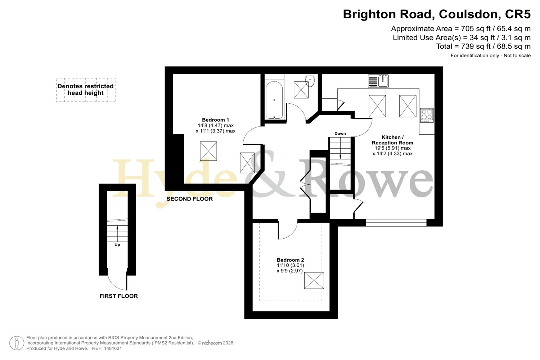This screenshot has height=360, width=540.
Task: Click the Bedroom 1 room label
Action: [215, 120]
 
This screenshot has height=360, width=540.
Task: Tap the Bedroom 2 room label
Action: [290, 260]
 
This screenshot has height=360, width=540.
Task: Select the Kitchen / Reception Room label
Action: [392, 140]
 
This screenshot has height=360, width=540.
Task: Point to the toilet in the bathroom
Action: [310, 80]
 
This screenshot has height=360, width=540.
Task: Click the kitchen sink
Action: [378, 81]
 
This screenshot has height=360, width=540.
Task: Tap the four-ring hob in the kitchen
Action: [427, 115]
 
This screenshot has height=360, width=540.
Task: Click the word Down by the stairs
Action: [340, 134]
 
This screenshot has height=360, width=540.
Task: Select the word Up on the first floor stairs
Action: [117, 245]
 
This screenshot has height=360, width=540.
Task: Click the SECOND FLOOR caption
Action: [189, 199]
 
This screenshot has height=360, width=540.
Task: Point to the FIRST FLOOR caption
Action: [118, 296]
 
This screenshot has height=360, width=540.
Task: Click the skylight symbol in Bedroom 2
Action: [314, 280]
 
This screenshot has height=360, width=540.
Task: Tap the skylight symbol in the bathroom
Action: [301, 90]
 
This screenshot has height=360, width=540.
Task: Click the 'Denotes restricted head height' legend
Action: [86, 90]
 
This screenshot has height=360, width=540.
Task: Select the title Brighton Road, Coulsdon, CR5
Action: [437, 14]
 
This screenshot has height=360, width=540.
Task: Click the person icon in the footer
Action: [17, 343]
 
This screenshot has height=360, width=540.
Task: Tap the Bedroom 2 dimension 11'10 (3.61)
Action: [290, 265]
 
